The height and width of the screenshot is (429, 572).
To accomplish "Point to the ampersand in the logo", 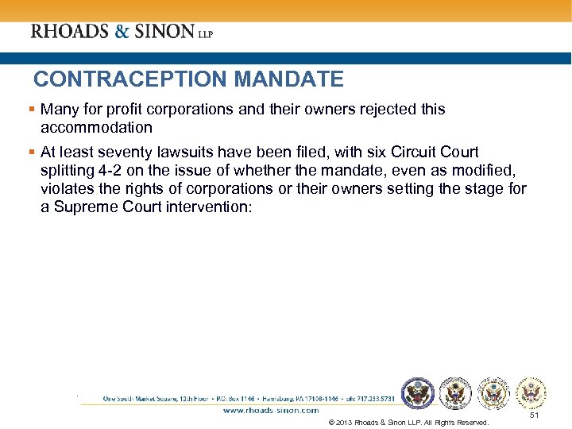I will (118, 32).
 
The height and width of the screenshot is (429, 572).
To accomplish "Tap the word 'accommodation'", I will (96, 127).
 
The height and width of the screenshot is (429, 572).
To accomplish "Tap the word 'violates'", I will (69, 188).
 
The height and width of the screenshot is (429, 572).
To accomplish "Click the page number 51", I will (534, 415).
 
